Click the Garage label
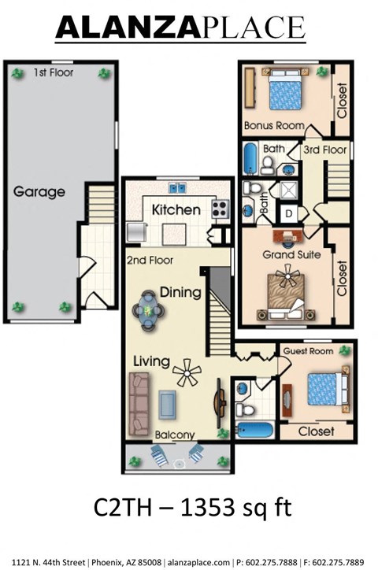[39, 191]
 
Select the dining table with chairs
[149, 309]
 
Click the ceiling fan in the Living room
[187, 372]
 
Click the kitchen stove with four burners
[219, 209]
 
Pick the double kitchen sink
[176, 187]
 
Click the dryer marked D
[289, 213]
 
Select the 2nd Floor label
[150, 260]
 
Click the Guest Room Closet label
[314, 431]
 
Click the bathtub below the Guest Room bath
[254, 431]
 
